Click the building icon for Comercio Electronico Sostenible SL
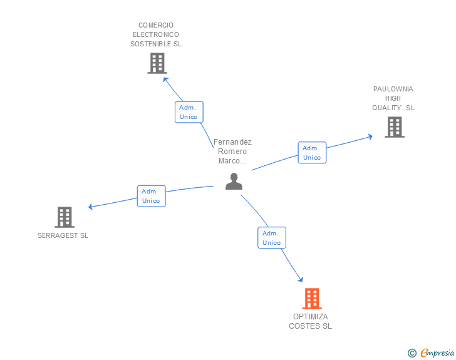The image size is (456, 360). tap(157, 63)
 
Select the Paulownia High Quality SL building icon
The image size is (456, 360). tap(394, 127)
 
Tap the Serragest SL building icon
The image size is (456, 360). tap(65, 217)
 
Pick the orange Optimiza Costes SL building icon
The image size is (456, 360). tap(311, 299)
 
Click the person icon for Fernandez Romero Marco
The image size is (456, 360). tap(234, 182)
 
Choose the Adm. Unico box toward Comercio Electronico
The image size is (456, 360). tap(189, 112)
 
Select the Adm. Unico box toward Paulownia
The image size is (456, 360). tap(312, 153)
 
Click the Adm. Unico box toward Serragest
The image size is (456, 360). tap(151, 196)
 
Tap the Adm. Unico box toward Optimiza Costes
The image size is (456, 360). tap(271, 238)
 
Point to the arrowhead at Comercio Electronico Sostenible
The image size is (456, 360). tap(165, 79)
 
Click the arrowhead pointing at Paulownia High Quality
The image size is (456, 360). tap(370, 136)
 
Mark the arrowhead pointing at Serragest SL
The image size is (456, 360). tap(91, 207)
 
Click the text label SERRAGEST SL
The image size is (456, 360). tap(63, 236)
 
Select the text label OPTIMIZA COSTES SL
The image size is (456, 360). tap(310, 321)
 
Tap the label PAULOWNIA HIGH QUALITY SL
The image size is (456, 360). tap(393, 98)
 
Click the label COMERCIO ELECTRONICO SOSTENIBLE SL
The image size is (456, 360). tap(156, 35)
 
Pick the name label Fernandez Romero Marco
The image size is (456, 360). tap(232, 152)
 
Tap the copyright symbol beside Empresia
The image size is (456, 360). tap(412, 354)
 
